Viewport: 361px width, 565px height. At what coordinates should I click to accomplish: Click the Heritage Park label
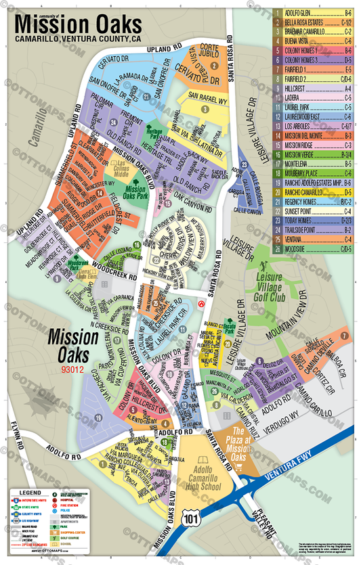[x=154, y=128]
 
